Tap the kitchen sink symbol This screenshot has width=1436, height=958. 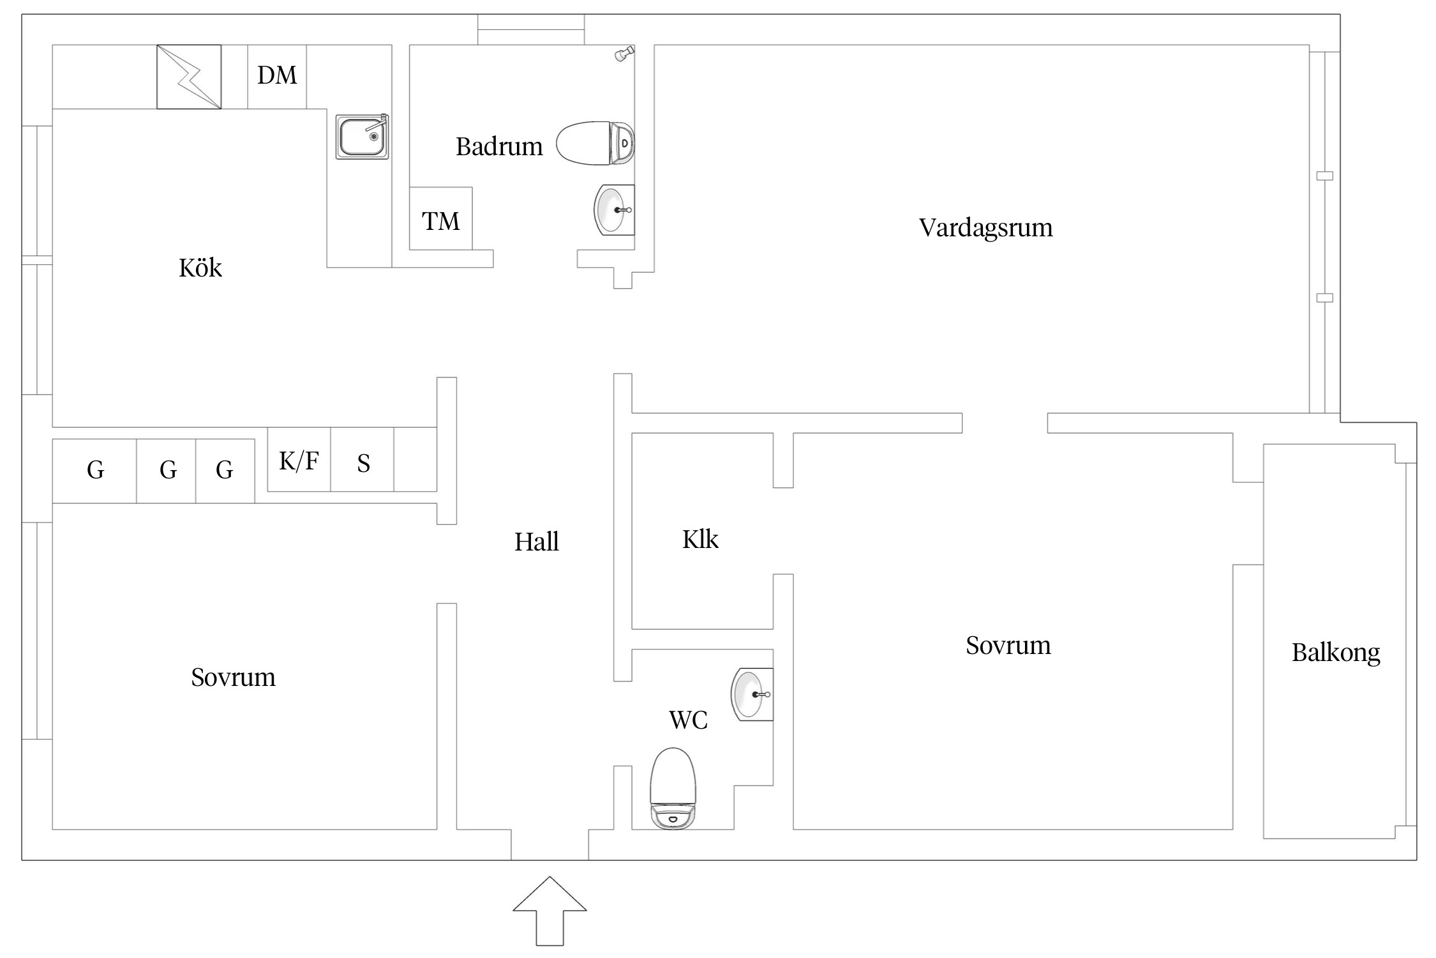tap(362, 137)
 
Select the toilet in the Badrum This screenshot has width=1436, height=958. tap(595, 144)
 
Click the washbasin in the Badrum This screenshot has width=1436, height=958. tap(613, 209)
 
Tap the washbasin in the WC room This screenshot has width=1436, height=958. tap(752, 694)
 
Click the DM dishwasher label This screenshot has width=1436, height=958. tap(277, 75)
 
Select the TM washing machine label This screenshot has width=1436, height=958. tap(440, 221)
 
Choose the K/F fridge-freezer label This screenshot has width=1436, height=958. tap(299, 460)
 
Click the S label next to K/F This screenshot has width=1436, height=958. tap(363, 463)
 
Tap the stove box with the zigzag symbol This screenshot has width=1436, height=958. tap(189, 77)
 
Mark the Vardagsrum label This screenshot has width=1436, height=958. tap(985, 228)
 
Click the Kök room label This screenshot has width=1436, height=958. tap(200, 268)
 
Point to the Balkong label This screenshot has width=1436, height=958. tap(1336, 653)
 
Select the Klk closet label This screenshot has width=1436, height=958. tap(700, 540)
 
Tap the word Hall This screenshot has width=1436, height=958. tap(537, 542)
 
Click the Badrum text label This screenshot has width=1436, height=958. tap(499, 147)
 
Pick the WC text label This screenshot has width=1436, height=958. tap(688, 720)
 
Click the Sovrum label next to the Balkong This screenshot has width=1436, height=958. tap(1008, 646)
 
